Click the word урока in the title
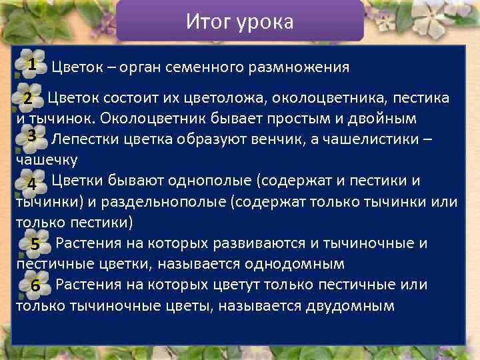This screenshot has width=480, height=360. click(x=265, y=22)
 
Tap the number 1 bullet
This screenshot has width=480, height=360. click(x=31, y=64)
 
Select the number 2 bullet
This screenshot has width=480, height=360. click(x=28, y=99)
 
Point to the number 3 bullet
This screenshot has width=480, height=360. click(x=31, y=135)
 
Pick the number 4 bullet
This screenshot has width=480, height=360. click(x=31, y=183)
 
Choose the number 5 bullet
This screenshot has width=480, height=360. click(x=35, y=245)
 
